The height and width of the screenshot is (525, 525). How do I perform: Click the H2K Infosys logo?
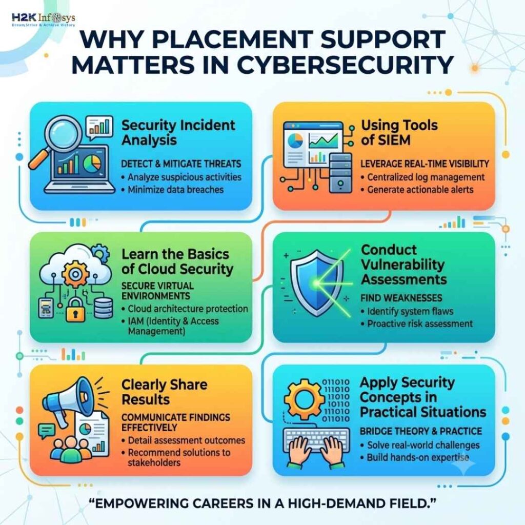pyautogui.click(x=43, y=19)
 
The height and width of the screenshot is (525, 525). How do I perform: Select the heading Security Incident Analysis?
pyautogui.click(x=178, y=133)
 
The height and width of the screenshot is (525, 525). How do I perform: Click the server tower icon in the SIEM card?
pyautogui.click(x=340, y=173)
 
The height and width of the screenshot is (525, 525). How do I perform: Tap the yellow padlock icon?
pyautogui.click(x=75, y=310)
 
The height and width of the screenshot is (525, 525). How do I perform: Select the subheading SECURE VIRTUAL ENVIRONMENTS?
pyautogui.click(x=157, y=291)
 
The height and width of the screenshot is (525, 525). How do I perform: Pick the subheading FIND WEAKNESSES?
pyautogui.click(x=401, y=298)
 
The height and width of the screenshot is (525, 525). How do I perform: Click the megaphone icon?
pyautogui.click(x=68, y=401)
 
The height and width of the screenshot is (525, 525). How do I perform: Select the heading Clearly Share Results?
pyautogui.click(x=164, y=392)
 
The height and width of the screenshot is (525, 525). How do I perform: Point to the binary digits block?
pyautogui.click(x=335, y=400)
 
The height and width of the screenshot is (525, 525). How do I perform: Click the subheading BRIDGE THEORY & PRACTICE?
pyautogui.click(x=421, y=431)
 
